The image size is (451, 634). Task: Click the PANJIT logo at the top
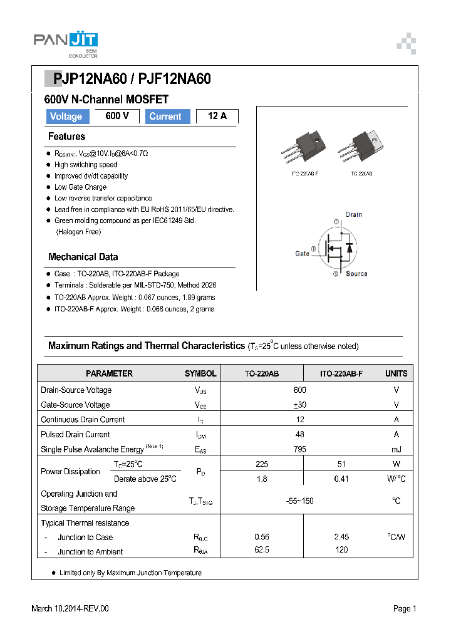click(x=66, y=42)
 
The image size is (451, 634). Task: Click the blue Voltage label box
click(x=66, y=117)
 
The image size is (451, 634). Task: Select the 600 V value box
click(x=117, y=116)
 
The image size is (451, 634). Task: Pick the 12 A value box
click(x=217, y=116)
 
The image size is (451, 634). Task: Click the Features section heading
click(x=66, y=137)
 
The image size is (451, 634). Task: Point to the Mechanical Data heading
click(x=83, y=257)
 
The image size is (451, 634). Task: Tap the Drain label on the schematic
click(x=354, y=214)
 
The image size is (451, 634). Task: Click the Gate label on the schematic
click(x=303, y=254)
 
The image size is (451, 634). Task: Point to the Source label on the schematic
click(x=356, y=274)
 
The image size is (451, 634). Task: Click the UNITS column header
click(x=396, y=373)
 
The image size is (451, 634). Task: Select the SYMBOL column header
click(x=200, y=373)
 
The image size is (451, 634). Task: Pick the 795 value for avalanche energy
click(x=300, y=449)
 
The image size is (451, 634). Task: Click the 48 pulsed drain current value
click(x=300, y=434)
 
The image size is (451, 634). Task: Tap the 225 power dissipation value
click(x=262, y=464)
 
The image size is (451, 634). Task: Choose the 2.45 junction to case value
click(x=342, y=537)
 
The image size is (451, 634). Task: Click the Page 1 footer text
click(x=405, y=608)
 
